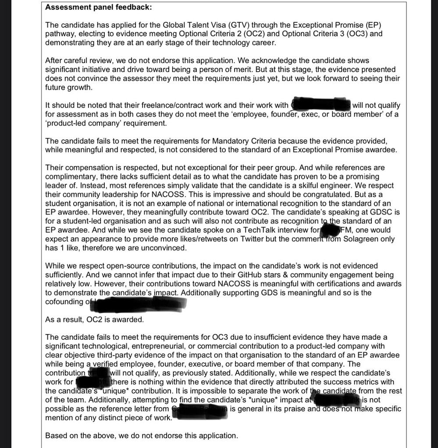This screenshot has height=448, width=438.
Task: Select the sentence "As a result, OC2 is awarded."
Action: coord(94,320)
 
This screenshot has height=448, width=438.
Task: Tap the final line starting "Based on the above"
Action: coord(141,436)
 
